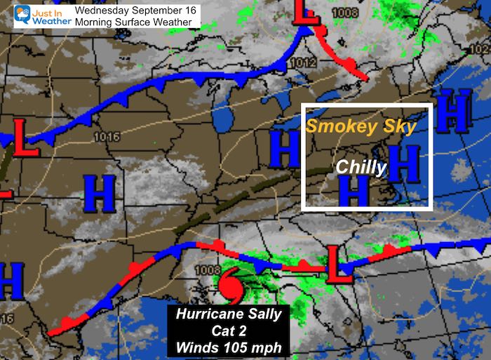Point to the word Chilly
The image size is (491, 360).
pos(361,168)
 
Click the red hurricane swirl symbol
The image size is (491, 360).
pos(230,284)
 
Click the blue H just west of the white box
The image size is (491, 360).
pos(285,148)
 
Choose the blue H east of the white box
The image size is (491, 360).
pos(452,112)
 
